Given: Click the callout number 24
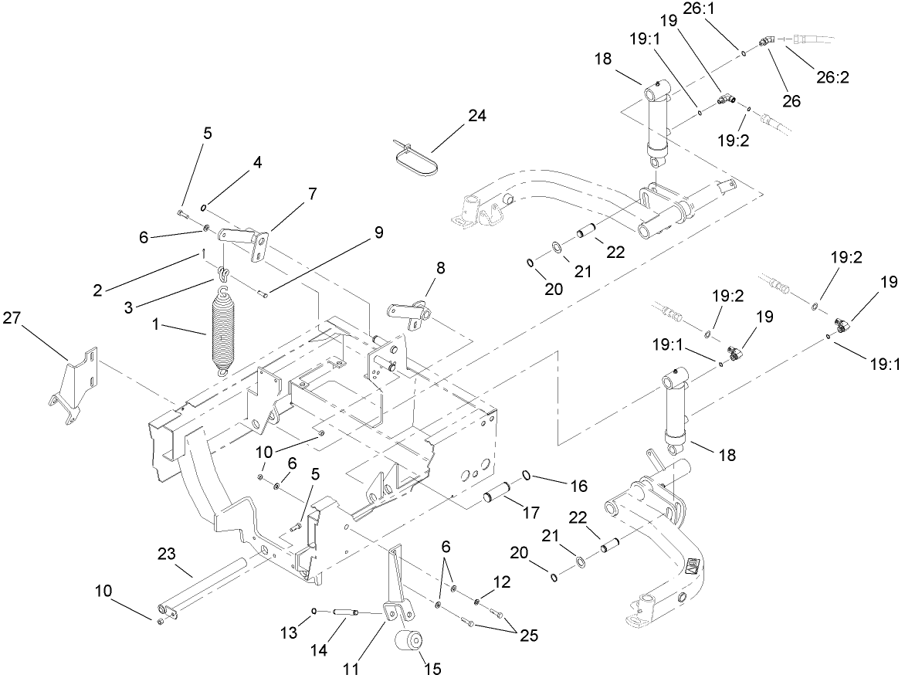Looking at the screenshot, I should click(477, 117).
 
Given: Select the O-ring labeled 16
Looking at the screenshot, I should click(524, 476).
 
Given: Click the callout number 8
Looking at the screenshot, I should click(441, 270).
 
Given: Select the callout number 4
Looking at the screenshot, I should click(258, 163).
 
